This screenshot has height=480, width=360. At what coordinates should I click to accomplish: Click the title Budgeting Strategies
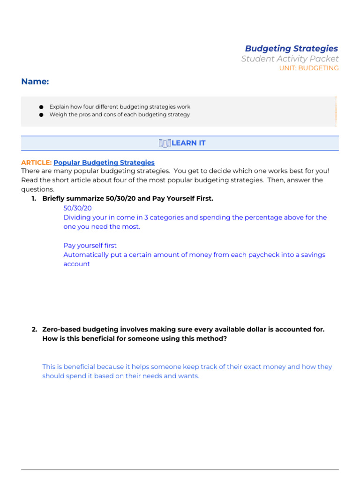291,48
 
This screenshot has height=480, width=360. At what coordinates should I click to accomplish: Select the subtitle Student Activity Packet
290,59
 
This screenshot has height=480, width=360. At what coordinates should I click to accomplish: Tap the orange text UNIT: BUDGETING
308,68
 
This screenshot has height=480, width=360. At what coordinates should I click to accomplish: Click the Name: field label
35,82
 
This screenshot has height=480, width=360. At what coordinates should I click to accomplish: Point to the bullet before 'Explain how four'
41,107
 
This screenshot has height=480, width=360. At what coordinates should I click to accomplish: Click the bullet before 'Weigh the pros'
41,114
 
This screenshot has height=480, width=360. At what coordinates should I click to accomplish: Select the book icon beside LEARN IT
165,143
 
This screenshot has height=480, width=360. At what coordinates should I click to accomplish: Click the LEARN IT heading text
188,143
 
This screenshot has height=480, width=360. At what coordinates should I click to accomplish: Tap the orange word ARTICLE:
36,163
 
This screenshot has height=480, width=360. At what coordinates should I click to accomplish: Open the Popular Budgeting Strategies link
104,163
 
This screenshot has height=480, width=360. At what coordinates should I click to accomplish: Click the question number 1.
34,199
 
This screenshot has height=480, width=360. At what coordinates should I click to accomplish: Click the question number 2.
34,330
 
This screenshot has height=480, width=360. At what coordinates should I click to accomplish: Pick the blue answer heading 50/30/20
77,208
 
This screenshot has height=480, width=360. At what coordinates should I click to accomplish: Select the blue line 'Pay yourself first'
90,246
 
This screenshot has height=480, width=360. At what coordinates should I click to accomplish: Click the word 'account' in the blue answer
76,264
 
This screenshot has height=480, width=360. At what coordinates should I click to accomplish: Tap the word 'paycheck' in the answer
262,255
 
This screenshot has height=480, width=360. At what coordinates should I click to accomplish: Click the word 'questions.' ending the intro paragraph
37,189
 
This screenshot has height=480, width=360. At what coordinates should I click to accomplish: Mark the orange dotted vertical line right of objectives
336,112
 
